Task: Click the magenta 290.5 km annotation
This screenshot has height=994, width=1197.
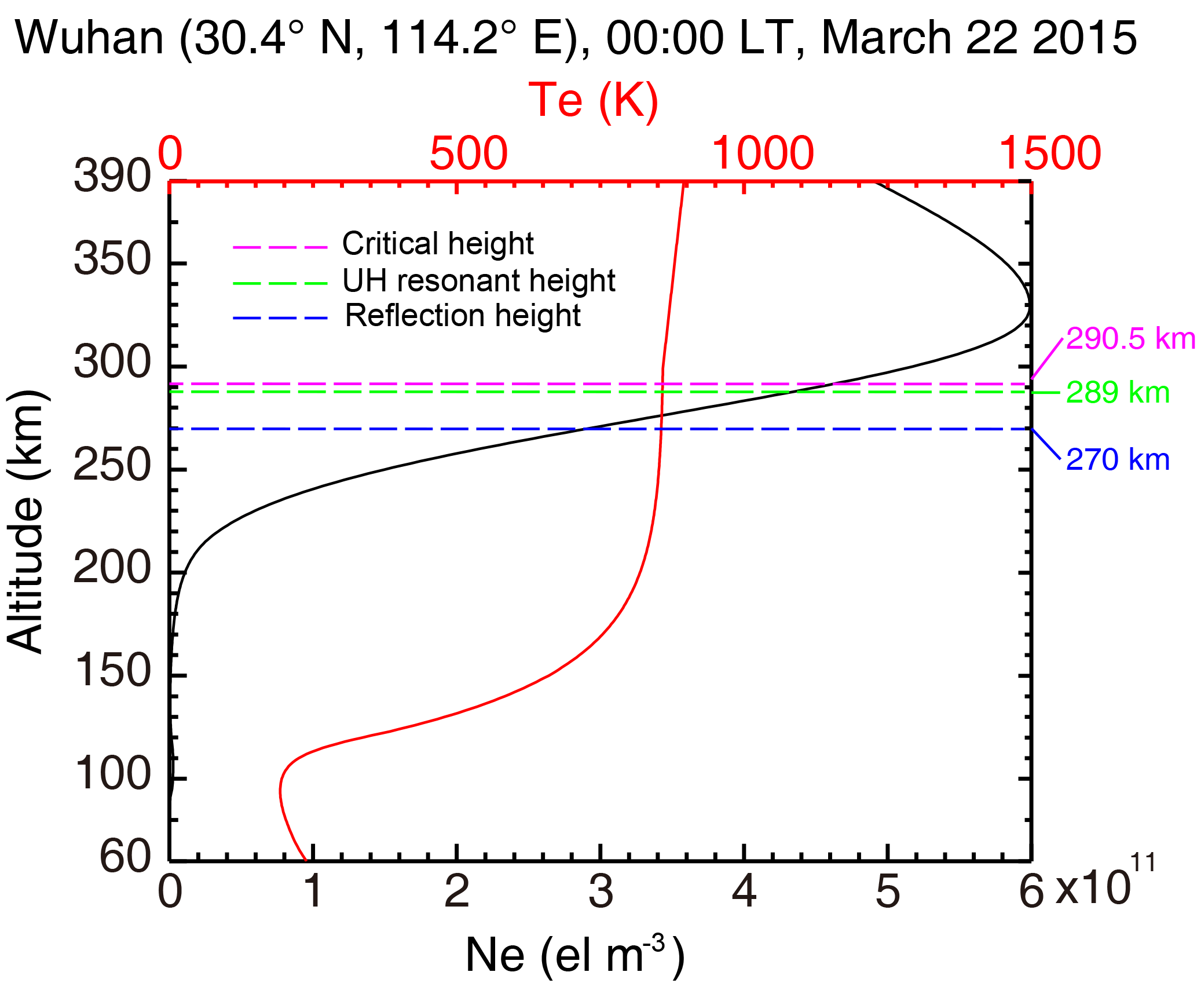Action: (1130, 338)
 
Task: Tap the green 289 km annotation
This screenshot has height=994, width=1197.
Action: (1118, 393)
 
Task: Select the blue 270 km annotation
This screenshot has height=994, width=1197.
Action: (1118, 460)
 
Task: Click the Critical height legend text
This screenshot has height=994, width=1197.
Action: (437, 244)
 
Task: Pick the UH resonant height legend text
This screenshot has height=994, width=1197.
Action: (478, 281)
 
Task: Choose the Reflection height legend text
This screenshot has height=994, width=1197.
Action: (462, 316)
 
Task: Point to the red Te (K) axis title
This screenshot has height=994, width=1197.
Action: (594, 100)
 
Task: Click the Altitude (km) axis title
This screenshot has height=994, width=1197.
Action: (25, 521)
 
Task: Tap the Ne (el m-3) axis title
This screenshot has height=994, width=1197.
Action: (574, 955)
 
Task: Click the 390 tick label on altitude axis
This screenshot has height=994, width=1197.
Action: (112, 176)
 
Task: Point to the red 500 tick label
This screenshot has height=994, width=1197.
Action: (468, 154)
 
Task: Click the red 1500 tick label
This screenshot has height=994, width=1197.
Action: (1050, 154)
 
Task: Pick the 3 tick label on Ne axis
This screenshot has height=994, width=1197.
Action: (601, 892)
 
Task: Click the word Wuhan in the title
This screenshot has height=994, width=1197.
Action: (90, 38)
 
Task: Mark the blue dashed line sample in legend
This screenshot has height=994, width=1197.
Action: (280, 319)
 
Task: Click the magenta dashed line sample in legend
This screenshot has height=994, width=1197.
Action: (280, 247)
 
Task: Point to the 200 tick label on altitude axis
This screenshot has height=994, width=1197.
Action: (112, 568)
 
